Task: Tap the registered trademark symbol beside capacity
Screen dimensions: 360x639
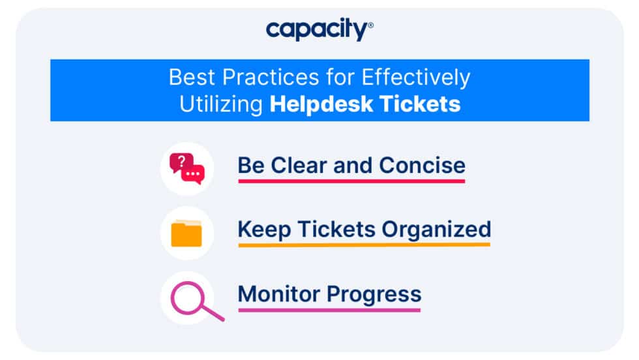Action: pos(371,25)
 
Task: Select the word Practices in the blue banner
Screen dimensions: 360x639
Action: pos(271,78)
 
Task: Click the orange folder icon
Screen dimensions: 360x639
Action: pos(186,233)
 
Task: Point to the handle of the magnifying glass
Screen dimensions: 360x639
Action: pos(213,314)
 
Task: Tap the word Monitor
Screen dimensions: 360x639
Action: pos(279,293)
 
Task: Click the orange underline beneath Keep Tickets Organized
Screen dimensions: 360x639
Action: pos(364,245)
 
